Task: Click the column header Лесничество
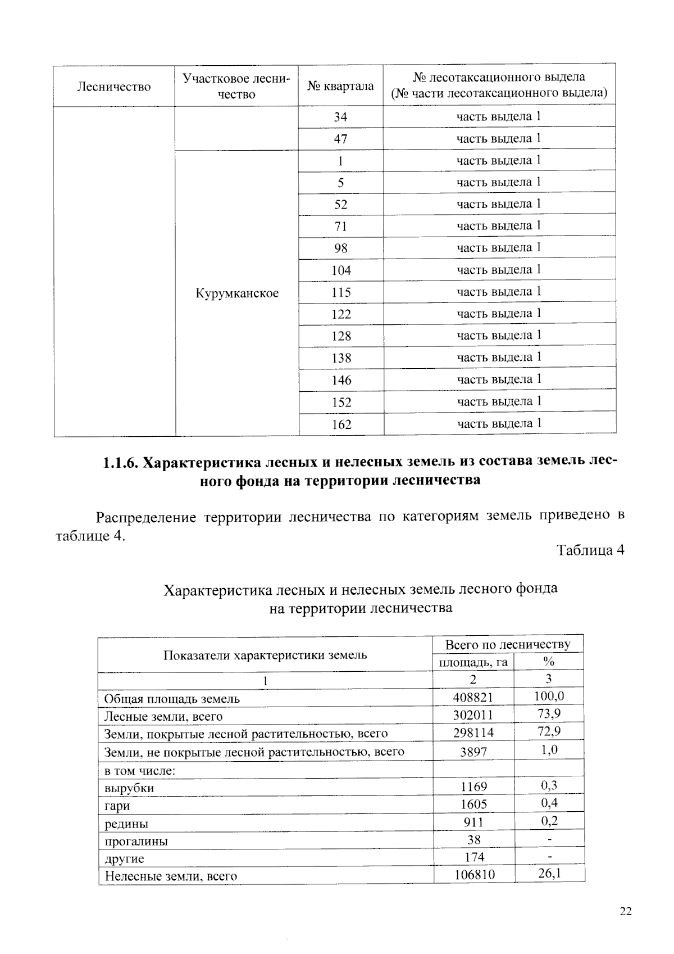[x=114, y=87]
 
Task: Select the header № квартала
[x=340, y=86]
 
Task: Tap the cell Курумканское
[x=237, y=293]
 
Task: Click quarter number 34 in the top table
[x=340, y=117]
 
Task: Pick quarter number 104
[x=341, y=270]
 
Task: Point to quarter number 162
[x=341, y=424]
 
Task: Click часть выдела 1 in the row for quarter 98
[x=499, y=247]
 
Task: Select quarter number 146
[x=341, y=381]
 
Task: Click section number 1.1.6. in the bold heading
[x=120, y=463]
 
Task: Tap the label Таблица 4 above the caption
[x=590, y=550]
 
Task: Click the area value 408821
[x=473, y=698]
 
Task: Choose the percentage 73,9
[x=549, y=714]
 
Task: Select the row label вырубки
[x=129, y=788]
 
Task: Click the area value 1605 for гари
[x=473, y=804]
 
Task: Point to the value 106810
[x=473, y=875]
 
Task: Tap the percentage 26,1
[x=549, y=874]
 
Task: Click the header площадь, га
[x=473, y=662]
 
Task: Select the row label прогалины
[x=136, y=841]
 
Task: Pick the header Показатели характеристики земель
[x=265, y=655]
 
